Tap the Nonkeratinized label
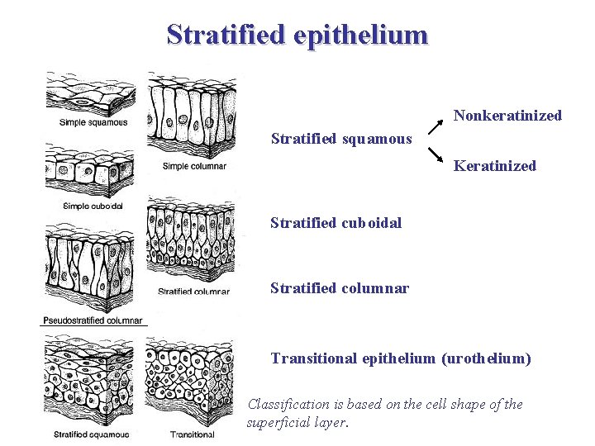tap(507, 116)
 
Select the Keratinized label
tap(495, 166)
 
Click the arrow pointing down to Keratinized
tap(436, 154)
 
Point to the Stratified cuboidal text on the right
tap(336, 223)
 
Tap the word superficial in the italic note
tap(279, 423)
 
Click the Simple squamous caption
tap(93, 122)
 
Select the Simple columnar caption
tap(194, 166)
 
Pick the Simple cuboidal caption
tap(93, 206)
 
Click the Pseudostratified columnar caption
tap(93, 320)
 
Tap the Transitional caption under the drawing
tap(192, 434)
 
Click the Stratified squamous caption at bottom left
tap(92, 434)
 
